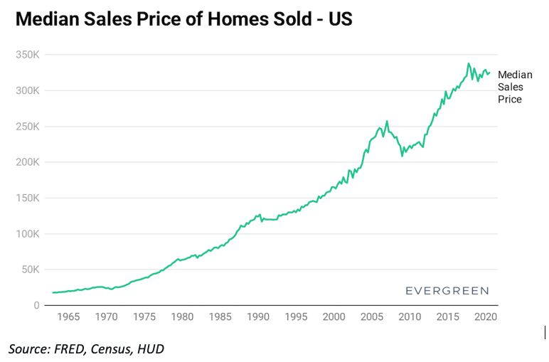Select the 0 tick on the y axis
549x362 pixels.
(x=36, y=306)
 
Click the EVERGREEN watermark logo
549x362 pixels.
(x=447, y=291)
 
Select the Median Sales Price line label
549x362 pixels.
(x=510, y=87)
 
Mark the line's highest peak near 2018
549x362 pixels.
(x=468, y=63)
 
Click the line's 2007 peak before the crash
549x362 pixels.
(x=387, y=121)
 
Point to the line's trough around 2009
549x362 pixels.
(x=402, y=156)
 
